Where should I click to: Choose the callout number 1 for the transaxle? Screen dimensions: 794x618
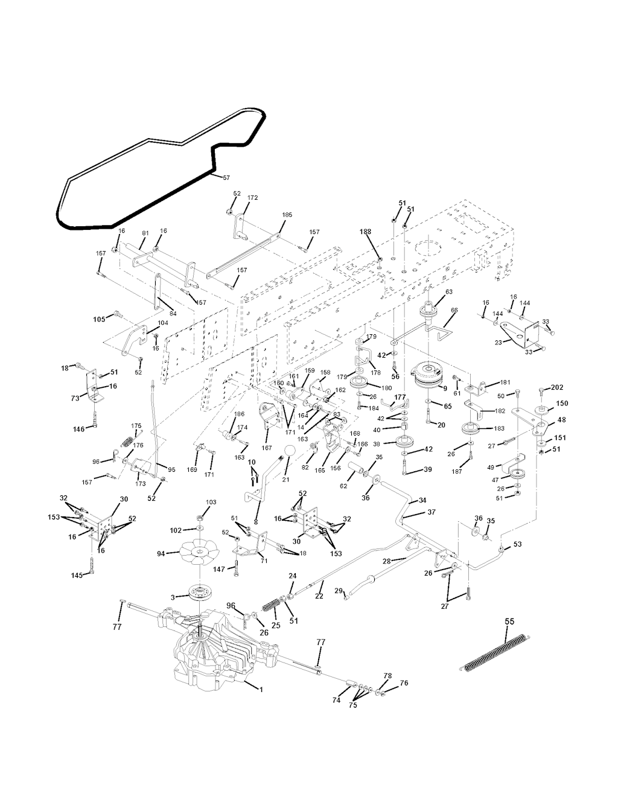click(261, 689)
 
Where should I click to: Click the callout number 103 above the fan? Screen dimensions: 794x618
click(211, 502)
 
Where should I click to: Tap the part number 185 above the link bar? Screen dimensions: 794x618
click(287, 215)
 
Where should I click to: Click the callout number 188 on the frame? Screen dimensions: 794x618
click(366, 232)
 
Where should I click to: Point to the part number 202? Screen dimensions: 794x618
click(556, 387)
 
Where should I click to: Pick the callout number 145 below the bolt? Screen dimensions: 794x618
click(77, 574)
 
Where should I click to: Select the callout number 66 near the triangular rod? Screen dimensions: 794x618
click(454, 310)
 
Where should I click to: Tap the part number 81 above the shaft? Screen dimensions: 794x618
click(145, 233)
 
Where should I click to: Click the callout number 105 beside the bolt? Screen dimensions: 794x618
click(99, 318)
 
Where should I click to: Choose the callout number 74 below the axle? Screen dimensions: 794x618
click(337, 700)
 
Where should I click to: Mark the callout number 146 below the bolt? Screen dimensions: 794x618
click(78, 429)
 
